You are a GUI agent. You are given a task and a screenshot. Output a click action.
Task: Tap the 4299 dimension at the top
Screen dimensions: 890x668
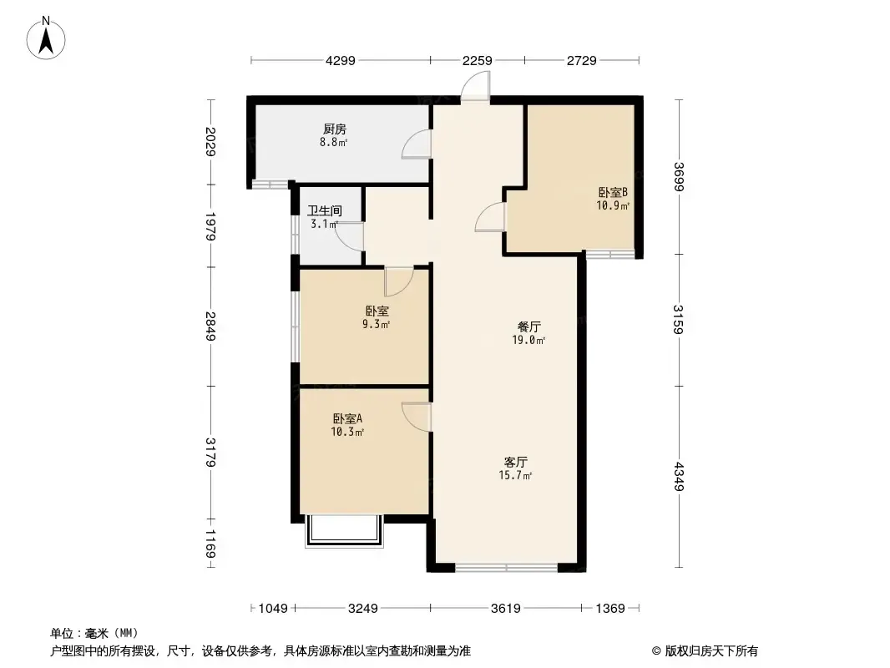(x=341, y=60)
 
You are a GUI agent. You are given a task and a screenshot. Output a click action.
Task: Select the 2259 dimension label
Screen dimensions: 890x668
(x=477, y=60)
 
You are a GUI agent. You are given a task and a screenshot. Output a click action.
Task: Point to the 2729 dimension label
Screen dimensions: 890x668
(x=582, y=60)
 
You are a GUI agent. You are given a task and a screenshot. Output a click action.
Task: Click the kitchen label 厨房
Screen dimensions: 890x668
(x=335, y=129)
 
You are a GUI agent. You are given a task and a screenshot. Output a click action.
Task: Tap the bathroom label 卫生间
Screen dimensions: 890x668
(x=325, y=210)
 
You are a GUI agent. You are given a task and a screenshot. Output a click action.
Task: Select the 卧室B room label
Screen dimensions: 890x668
(x=613, y=192)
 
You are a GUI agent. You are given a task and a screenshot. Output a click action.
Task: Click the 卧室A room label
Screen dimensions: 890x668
(x=347, y=419)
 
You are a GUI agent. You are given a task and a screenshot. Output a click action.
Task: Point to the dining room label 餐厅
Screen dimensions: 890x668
(x=529, y=327)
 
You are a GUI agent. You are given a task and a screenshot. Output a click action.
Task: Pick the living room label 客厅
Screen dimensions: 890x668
(x=515, y=462)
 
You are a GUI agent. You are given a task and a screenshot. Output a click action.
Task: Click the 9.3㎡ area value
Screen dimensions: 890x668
(x=376, y=325)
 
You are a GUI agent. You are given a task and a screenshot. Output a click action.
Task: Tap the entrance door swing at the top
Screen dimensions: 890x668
(x=475, y=87)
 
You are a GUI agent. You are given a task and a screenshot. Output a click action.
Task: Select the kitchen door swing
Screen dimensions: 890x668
(x=417, y=144)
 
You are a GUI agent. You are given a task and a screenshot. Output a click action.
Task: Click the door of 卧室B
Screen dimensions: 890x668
(x=490, y=217)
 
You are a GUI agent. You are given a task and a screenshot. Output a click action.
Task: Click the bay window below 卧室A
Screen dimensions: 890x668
(x=345, y=531)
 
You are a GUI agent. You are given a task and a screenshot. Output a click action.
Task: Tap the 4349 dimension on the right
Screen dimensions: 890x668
(x=679, y=477)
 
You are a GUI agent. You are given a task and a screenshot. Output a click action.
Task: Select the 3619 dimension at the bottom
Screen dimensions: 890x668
(x=506, y=609)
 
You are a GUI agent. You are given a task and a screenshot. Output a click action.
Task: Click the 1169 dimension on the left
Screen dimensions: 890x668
(x=210, y=544)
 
